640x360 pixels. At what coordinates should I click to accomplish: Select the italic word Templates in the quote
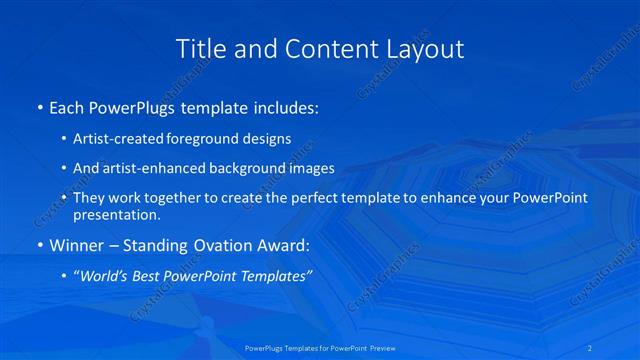(276, 277)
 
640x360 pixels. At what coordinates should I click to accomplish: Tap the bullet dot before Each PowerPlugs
(38, 107)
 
